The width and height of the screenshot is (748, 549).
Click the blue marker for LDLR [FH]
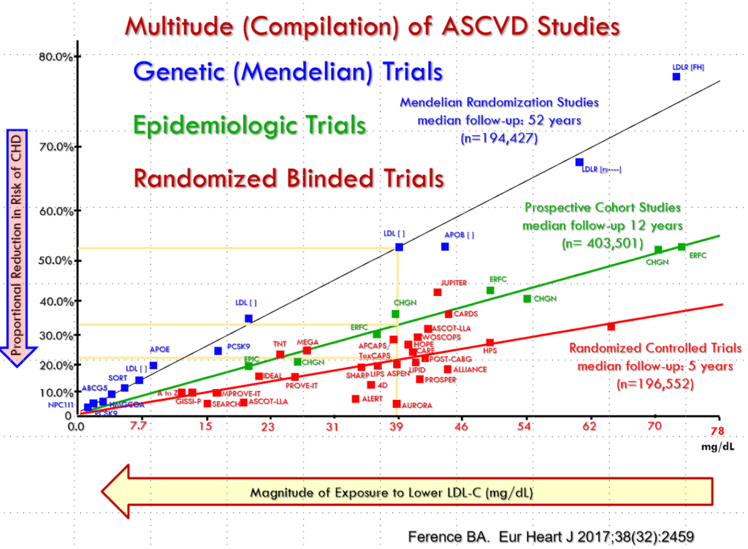pos(676,77)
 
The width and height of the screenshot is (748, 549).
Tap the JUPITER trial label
pos(454,283)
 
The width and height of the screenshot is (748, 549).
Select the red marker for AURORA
pos(397,404)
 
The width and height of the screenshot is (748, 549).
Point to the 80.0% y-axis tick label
pos(54,56)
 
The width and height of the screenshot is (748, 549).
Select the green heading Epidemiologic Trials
pos(250,125)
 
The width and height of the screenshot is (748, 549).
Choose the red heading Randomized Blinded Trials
pos(289,178)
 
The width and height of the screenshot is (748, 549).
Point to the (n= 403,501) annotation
pos(601,242)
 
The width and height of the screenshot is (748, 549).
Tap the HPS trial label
pos(489,352)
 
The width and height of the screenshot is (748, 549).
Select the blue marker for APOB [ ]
pos(445,247)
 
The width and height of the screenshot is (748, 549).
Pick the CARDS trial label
pos(465,314)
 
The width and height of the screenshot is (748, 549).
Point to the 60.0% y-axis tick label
pos(54,211)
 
